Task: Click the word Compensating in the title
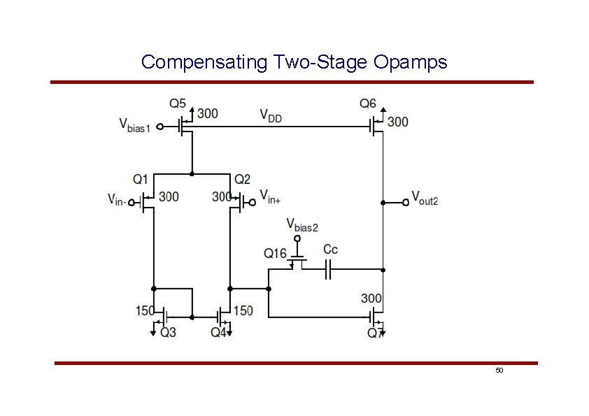pyautogui.click(x=204, y=62)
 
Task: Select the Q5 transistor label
pyautogui.click(x=178, y=103)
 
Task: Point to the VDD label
pyautogui.click(x=271, y=115)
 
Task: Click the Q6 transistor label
pyautogui.click(x=368, y=103)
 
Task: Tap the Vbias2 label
pyautogui.click(x=302, y=225)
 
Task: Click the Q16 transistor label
pyautogui.click(x=275, y=253)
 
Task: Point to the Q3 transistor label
pyautogui.click(x=169, y=333)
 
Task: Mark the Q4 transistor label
pyautogui.click(x=219, y=333)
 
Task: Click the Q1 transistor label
pyautogui.click(x=141, y=180)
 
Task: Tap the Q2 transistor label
pyautogui.click(x=243, y=180)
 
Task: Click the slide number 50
pyautogui.click(x=499, y=370)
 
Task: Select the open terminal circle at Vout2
pyautogui.click(x=404, y=203)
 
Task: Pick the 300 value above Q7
pyautogui.click(x=371, y=299)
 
